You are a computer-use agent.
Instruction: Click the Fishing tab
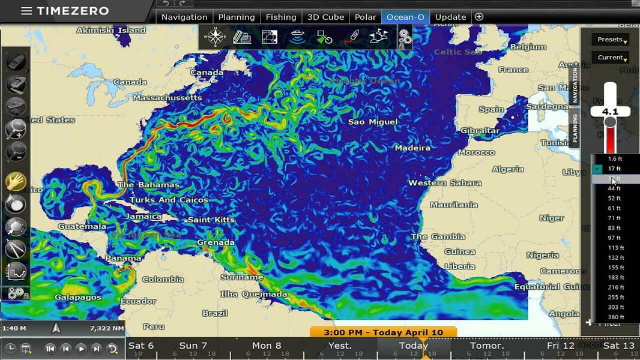tap(281, 17)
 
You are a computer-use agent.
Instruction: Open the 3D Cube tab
tap(325, 17)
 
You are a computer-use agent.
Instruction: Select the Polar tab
tap(365, 17)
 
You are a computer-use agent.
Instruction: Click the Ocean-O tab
tap(405, 17)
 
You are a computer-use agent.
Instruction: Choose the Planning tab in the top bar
tap(237, 17)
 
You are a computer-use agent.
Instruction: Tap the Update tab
tap(450, 17)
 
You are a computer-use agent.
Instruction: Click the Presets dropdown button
tap(610, 40)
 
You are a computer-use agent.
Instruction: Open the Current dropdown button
tap(610, 58)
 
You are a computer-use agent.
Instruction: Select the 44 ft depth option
tap(614, 188)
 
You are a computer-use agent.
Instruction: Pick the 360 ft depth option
tap(615, 317)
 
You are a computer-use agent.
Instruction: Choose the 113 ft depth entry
tap(615, 248)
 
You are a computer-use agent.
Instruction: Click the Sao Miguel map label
tap(373, 122)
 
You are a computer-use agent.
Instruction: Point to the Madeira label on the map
tap(412, 148)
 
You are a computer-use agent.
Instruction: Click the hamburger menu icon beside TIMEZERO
tap(26, 11)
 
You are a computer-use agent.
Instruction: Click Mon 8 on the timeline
tap(266, 346)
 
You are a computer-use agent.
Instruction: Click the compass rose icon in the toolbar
tap(215, 37)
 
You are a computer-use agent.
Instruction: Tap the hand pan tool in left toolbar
tap(16, 181)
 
